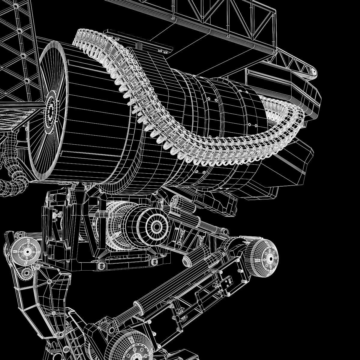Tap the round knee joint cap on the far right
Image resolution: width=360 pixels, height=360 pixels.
pos(264,258)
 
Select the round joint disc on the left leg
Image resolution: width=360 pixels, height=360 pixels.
pos(27,251)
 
